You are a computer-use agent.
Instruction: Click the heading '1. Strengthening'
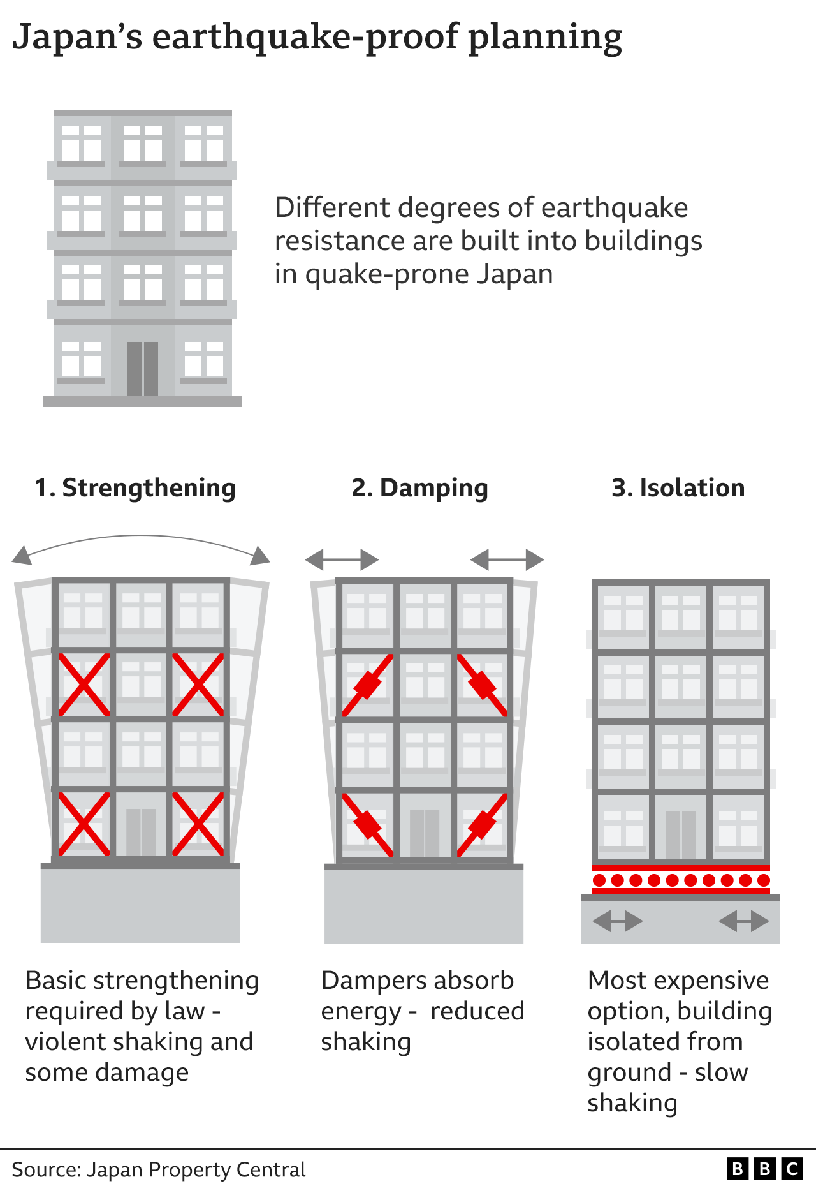[135, 488]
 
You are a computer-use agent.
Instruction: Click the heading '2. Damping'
[419, 488]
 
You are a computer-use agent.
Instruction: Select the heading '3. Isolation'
[678, 488]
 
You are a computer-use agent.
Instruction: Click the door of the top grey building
[143, 368]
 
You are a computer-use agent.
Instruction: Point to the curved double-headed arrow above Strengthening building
[141, 539]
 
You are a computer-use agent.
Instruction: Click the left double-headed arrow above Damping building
[342, 560]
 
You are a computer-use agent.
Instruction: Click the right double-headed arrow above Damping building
[507, 560]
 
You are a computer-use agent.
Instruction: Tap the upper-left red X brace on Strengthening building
[84, 685]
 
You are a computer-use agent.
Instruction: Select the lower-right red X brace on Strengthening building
[198, 824]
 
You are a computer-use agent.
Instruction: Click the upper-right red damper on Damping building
[483, 685]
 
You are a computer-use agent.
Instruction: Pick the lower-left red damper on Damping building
[368, 824]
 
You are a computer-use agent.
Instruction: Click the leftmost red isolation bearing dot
[599, 880]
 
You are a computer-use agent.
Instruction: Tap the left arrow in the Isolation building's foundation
[617, 921]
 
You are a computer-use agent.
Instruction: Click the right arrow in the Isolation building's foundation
[743, 921]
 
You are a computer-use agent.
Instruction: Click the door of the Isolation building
[680, 834]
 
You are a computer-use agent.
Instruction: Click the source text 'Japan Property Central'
[196, 1170]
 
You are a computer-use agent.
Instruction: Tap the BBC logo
[764, 1169]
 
